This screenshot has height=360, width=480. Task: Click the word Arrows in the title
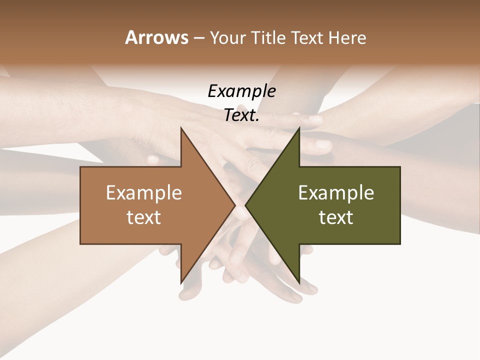[156, 37]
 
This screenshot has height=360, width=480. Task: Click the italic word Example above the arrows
[241, 91]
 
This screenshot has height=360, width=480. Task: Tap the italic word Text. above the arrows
[241, 115]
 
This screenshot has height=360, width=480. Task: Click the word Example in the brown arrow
[144, 192]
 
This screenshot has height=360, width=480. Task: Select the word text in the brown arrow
[144, 217]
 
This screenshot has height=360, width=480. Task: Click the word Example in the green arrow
[336, 192]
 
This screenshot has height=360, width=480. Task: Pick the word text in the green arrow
[336, 217]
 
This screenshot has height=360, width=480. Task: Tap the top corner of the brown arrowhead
[181, 128]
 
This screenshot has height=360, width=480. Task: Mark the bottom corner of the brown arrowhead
[181, 282]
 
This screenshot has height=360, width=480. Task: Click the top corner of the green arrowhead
[298, 128]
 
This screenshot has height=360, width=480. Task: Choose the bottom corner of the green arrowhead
[298, 282]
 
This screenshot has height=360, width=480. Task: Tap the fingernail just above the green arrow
[315, 120]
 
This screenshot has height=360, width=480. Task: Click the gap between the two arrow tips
[240, 205]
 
